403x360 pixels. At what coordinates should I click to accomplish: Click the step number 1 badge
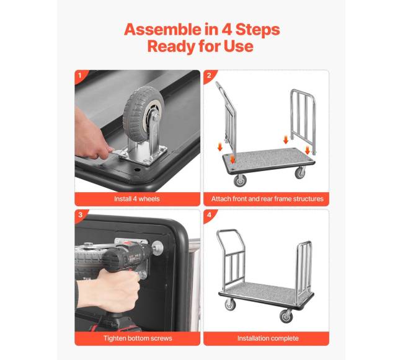click(x=80, y=76)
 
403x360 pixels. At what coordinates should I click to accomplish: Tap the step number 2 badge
click(x=209, y=76)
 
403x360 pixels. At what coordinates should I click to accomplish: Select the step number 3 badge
click(x=80, y=214)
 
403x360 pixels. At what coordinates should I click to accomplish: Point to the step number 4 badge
click(x=209, y=214)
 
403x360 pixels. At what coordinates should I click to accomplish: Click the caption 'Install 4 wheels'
click(x=137, y=199)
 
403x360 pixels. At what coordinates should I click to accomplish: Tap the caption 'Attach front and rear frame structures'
click(x=267, y=199)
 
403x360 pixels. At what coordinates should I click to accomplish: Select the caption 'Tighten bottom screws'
click(x=138, y=338)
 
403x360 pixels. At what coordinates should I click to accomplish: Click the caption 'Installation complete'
click(x=268, y=338)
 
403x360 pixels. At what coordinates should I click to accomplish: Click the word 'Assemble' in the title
click(x=162, y=29)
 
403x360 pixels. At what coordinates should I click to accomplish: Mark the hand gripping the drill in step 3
click(x=108, y=290)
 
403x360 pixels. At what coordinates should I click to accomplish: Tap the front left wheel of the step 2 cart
click(x=240, y=180)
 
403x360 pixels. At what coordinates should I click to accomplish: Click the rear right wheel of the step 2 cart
click(x=299, y=172)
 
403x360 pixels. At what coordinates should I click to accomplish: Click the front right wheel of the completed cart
click(x=286, y=316)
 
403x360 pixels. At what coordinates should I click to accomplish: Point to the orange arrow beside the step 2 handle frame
click(x=219, y=147)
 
